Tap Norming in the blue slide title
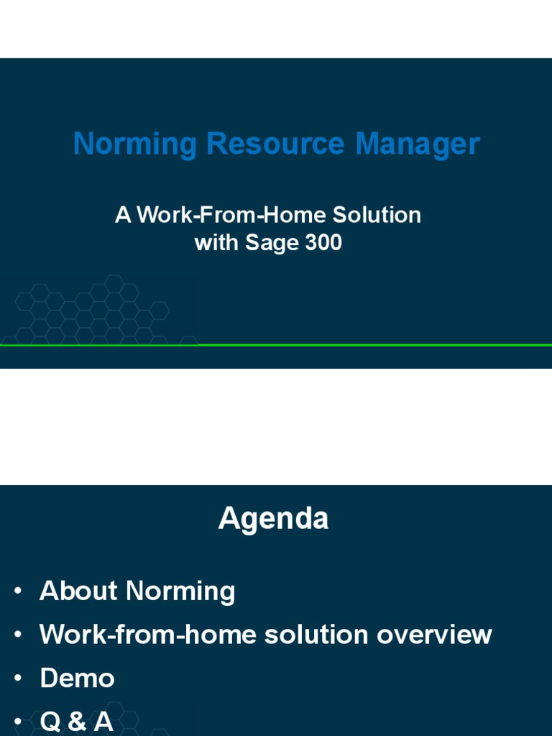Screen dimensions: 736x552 click(135, 144)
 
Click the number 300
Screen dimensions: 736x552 click(323, 243)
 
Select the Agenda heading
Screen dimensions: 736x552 click(273, 518)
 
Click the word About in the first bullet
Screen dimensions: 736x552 click(79, 591)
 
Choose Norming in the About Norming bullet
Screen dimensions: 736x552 click(180, 591)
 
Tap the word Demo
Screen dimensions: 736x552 click(78, 678)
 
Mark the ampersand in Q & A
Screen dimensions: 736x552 click(77, 722)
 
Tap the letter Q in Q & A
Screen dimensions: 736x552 click(51, 722)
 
